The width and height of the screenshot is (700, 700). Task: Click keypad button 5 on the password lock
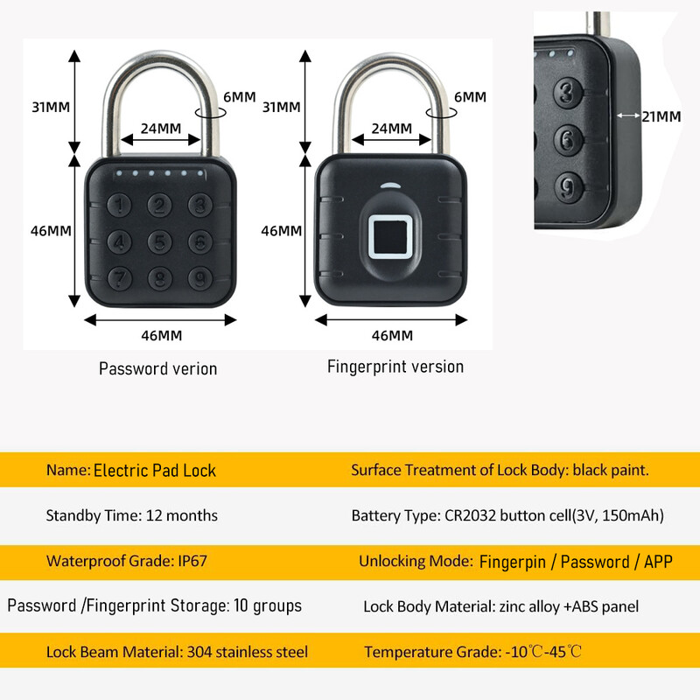point(158,241)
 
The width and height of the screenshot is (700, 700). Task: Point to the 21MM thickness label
point(661,115)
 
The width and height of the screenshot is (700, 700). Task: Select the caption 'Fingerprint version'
point(395,367)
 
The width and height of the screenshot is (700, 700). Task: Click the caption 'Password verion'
point(157,368)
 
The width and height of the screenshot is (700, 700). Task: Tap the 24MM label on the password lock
point(160,128)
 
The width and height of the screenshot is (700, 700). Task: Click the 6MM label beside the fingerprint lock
point(470,97)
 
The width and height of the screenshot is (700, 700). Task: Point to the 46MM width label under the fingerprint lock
point(392,335)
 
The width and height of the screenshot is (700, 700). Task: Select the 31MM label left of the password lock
point(50,107)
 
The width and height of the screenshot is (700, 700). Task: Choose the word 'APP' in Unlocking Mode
point(658,561)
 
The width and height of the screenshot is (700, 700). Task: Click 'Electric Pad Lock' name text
point(155,470)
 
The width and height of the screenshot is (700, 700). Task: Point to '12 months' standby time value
point(178,515)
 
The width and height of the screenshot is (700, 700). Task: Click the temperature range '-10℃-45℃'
point(542,652)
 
